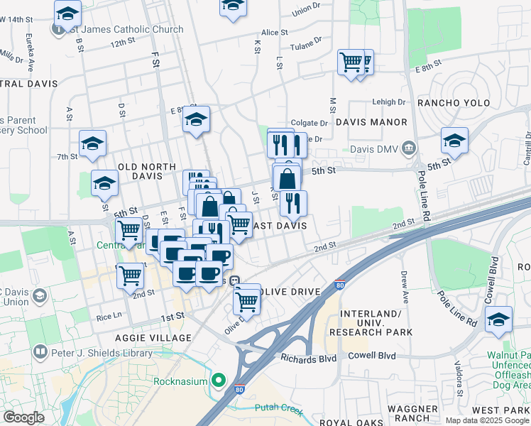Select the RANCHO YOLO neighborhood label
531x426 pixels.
pyautogui.click(x=452, y=103)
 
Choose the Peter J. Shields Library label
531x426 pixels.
pyautogui.click(x=102, y=353)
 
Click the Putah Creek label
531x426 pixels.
pyautogui.click(x=279, y=410)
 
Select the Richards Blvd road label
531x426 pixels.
pyautogui.click(x=307, y=359)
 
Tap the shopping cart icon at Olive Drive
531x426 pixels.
pyautogui.click(x=246, y=301)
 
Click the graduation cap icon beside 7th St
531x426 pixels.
pyautogui.click(x=92, y=145)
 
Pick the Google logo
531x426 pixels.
pyautogui.click(x=23, y=417)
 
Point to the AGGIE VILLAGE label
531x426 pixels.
pyautogui.click(x=155, y=337)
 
